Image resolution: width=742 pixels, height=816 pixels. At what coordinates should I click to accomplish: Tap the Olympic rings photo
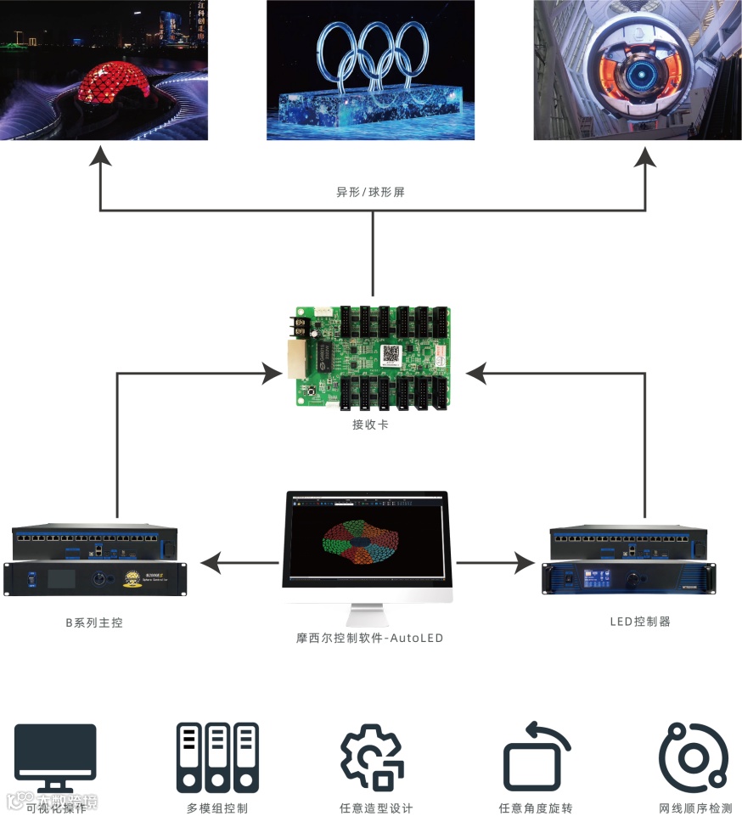(x=371, y=70)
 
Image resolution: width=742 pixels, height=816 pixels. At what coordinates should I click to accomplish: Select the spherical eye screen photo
(x=638, y=70)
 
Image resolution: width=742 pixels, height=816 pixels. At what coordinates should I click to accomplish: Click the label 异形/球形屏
(x=371, y=192)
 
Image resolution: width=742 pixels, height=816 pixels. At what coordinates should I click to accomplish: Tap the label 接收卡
(x=371, y=424)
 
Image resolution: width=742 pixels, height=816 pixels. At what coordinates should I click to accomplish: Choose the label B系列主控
(x=94, y=622)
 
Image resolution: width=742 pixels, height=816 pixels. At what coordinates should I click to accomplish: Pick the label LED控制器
(x=640, y=622)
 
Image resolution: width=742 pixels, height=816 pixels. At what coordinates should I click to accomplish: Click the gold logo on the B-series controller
(x=132, y=579)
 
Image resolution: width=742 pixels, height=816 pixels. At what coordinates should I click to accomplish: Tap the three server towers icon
(x=217, y=757)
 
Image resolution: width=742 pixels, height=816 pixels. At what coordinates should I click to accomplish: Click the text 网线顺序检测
(x=695, y=808)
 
